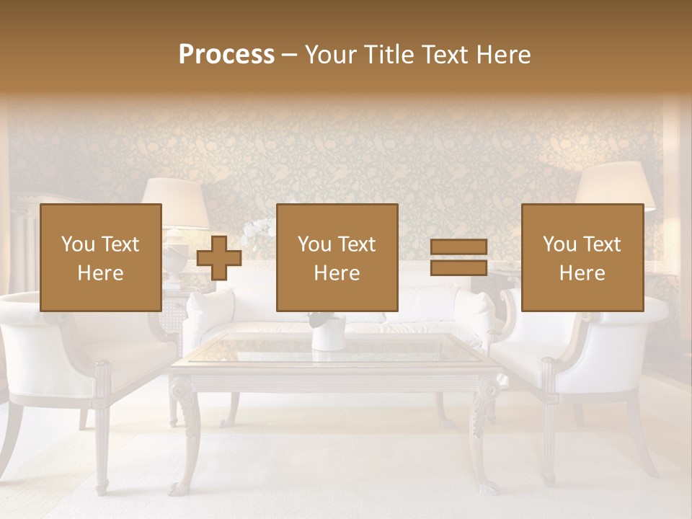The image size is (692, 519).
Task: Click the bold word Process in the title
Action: pos(226,54)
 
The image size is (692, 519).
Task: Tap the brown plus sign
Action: pos(219,258)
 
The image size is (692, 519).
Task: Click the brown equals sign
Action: pos(458,258)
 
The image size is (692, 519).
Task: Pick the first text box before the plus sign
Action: pos(101,257)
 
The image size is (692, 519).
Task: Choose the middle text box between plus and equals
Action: pos(337,257)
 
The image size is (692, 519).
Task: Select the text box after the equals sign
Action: pos(582,257)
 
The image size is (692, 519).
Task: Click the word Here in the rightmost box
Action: pos(582,273)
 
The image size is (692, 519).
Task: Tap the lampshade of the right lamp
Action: pos(615,186)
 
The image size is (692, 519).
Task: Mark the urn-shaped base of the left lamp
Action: pos(176,262)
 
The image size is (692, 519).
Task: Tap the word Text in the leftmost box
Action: pos(120,244)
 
